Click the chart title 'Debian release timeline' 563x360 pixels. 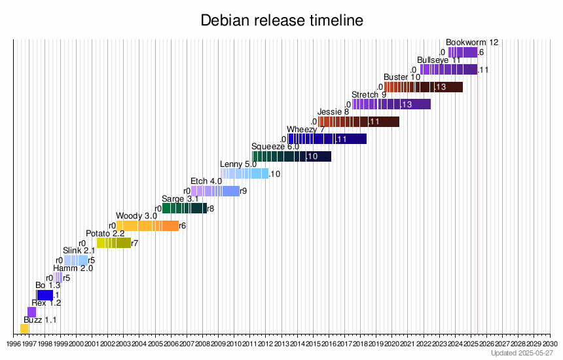[x=281, y=21]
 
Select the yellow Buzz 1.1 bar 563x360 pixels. [x=24, y=329]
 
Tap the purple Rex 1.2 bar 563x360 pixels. [x=31, y=312]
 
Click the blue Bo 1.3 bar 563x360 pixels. [x=45, y=295]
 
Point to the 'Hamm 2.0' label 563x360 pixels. [x=73, y=268]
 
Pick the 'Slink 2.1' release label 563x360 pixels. [x=79, y=250]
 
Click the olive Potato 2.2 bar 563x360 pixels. [x=114, y=243]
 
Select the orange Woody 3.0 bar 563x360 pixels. [x=147, y=226]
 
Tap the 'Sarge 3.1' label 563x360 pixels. [x=180, y=198]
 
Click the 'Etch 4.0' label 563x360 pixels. [x=206, y=181]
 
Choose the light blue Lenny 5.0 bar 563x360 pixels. [x=245, y=173]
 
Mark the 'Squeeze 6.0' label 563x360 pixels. [x=275, y=146]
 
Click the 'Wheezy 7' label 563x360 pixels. [x=306, y=129]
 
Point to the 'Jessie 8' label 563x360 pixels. [x=333, y=112]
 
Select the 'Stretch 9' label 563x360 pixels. [x=369, y=95]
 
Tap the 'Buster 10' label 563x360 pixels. [x=402, y=77]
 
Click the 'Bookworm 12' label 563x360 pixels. [x=472, y=43]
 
